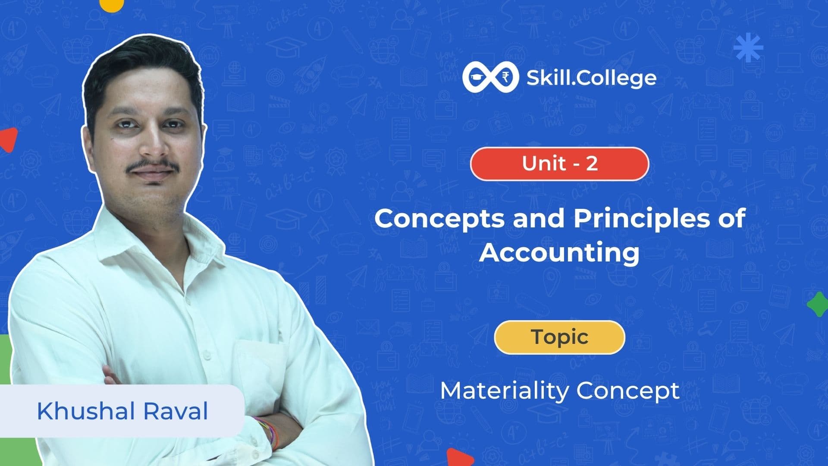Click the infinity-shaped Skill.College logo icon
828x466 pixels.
pyautogui.click(x=490, y=78)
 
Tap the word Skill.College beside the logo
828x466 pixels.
pyautogui.click(x=591, y=78)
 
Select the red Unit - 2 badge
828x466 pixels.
pyautogui.click(x=559, y=164)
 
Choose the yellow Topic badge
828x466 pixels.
pyautogui.click(x=559, y=337)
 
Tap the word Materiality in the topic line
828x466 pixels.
pyautogui.click(x=504, y=391)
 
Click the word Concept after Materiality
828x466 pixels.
pyautogui.click(x=628, y=391)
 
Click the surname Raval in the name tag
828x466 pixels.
pyautogui.click(x=176, y=411)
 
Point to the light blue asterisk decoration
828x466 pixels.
pyautogui.click(x=748, y=48)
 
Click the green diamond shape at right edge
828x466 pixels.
pyautogui.click(x=818, y=304)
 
